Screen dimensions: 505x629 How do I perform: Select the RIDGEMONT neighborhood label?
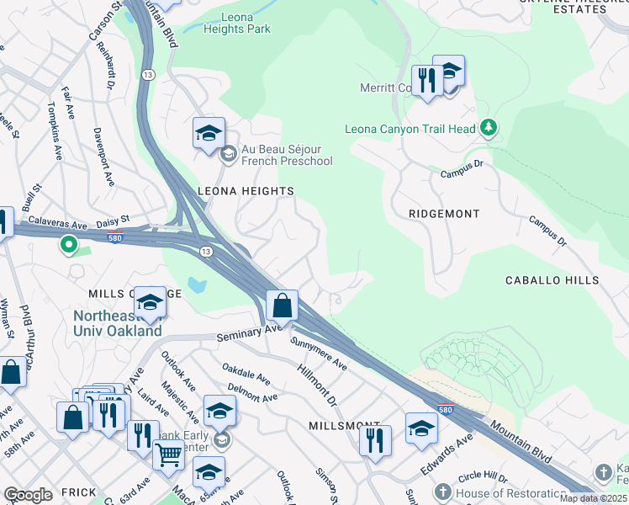(443, 214)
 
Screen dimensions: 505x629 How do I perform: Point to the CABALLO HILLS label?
(552, 279)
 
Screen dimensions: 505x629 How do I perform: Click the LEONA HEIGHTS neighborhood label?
(245, 191)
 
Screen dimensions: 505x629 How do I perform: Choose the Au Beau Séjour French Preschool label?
(286, 156)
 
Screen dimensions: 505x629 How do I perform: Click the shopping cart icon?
(168, 454)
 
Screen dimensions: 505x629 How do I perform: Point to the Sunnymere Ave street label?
(319, 354)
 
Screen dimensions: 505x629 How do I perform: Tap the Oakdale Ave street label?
(246, 374)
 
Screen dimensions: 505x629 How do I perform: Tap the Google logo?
(28, 495)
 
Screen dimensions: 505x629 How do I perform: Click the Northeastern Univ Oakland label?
(118, 324)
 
